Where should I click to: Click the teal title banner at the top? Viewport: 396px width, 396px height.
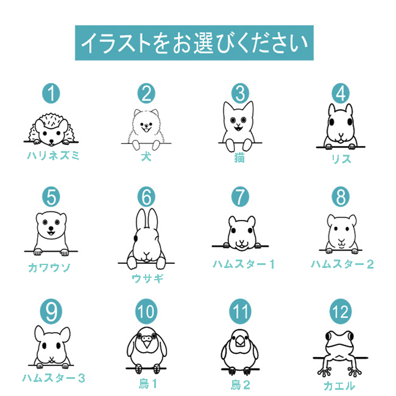click(x=194, y=43)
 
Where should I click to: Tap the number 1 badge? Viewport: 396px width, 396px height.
click(x=51, y=93)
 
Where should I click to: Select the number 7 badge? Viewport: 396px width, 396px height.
click(x=240, y=197)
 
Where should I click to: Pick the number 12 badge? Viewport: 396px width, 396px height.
click(x=341, y=311)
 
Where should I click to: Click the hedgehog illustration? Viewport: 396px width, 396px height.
click(x=51, y=130)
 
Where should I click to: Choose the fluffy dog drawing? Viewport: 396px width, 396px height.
click(x=146, y=130)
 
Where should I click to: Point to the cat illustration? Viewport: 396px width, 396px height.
click(x=239, y=126)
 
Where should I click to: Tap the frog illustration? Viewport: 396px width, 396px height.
click(x=340, y=353)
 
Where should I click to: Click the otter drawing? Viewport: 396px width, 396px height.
click(x=51, y=233)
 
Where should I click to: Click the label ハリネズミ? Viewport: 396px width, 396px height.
click(x=53, y=155)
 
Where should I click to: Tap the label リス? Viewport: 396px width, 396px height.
click(x=341, y=159)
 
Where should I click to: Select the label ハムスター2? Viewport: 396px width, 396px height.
click(x=342, y=264)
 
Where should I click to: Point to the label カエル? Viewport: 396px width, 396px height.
click(x=339, y=386)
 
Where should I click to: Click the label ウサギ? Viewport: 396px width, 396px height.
click(x=147, y=278)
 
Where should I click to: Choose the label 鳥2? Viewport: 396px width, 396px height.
click(x=241, y=385)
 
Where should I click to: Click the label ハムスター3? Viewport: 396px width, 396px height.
click(x=54, y=378)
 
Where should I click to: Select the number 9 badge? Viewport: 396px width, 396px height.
click(x=51, y=311)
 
